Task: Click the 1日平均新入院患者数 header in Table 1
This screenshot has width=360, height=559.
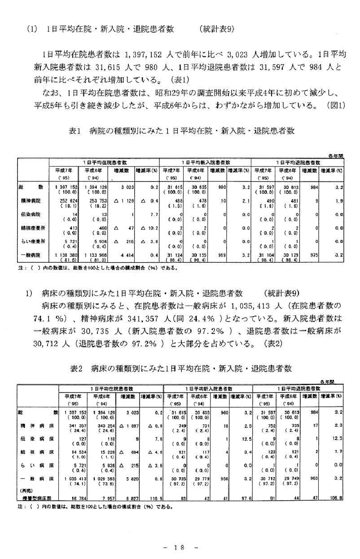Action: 206,162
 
